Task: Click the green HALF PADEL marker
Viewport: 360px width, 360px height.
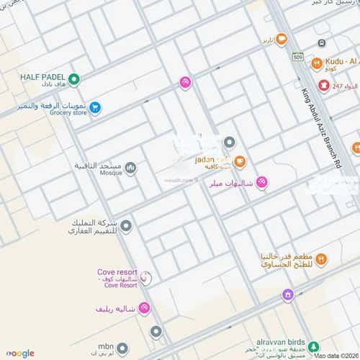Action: tap(73, 78)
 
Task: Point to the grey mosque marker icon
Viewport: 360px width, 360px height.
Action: tap(130, 168)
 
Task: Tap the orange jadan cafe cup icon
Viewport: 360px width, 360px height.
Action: tap(240, 161)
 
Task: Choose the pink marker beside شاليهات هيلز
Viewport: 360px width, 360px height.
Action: tap(262, 183)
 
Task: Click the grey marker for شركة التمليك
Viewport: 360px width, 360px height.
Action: tap(126, 227)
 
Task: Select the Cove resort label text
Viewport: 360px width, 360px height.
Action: tap(117, 271)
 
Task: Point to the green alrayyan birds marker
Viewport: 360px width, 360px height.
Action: tap(312, 345)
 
